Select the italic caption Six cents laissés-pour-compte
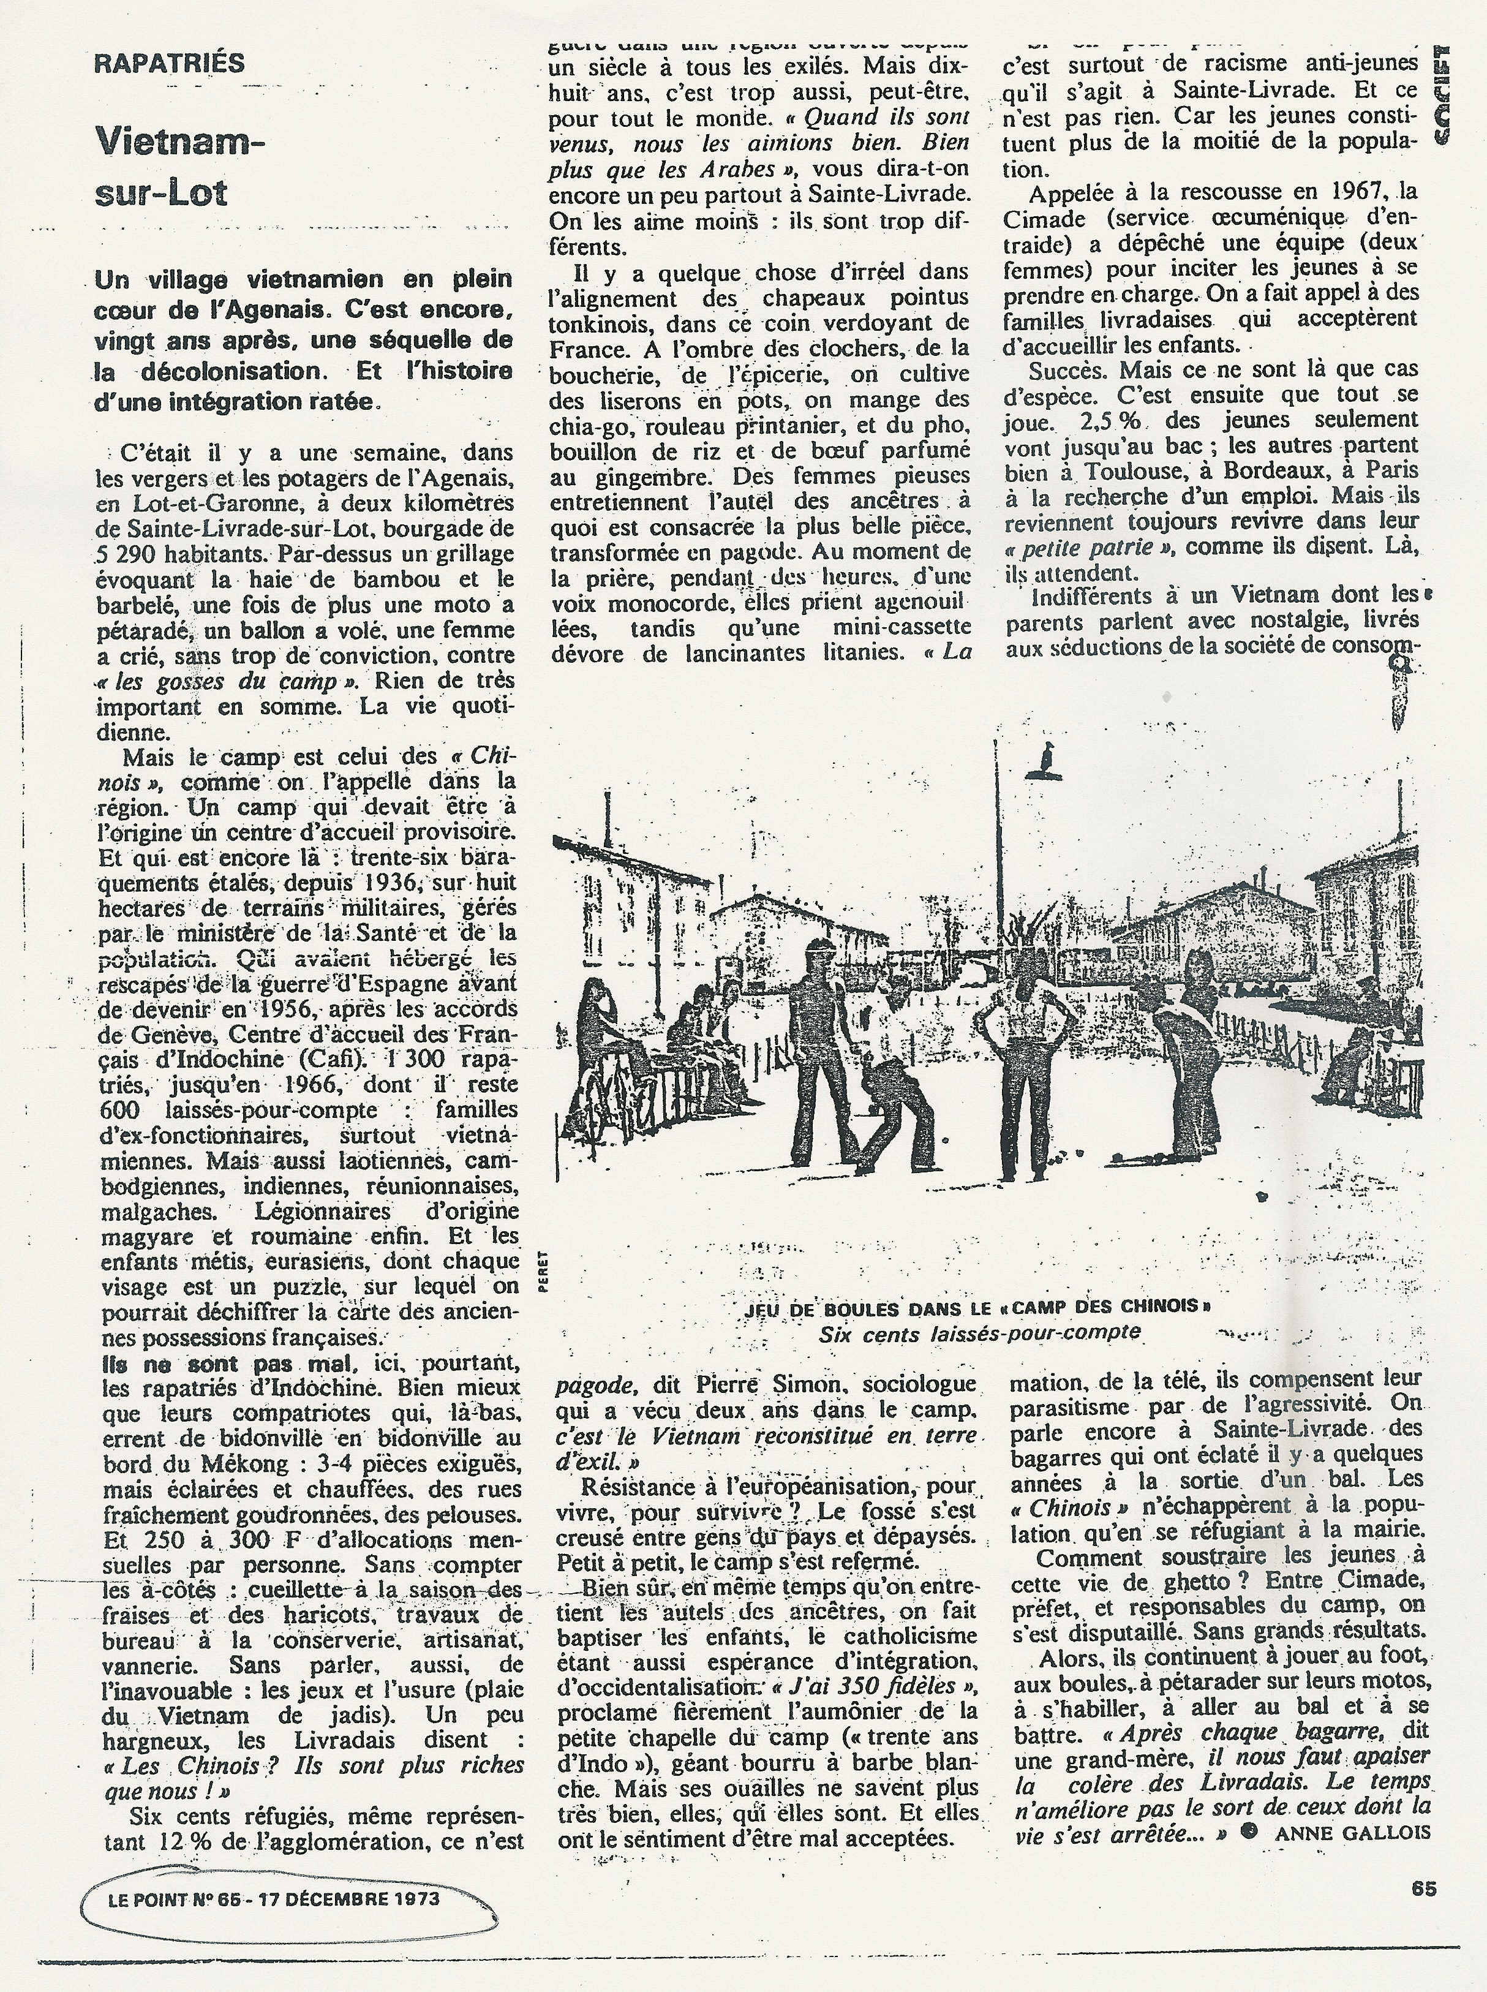979,1333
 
